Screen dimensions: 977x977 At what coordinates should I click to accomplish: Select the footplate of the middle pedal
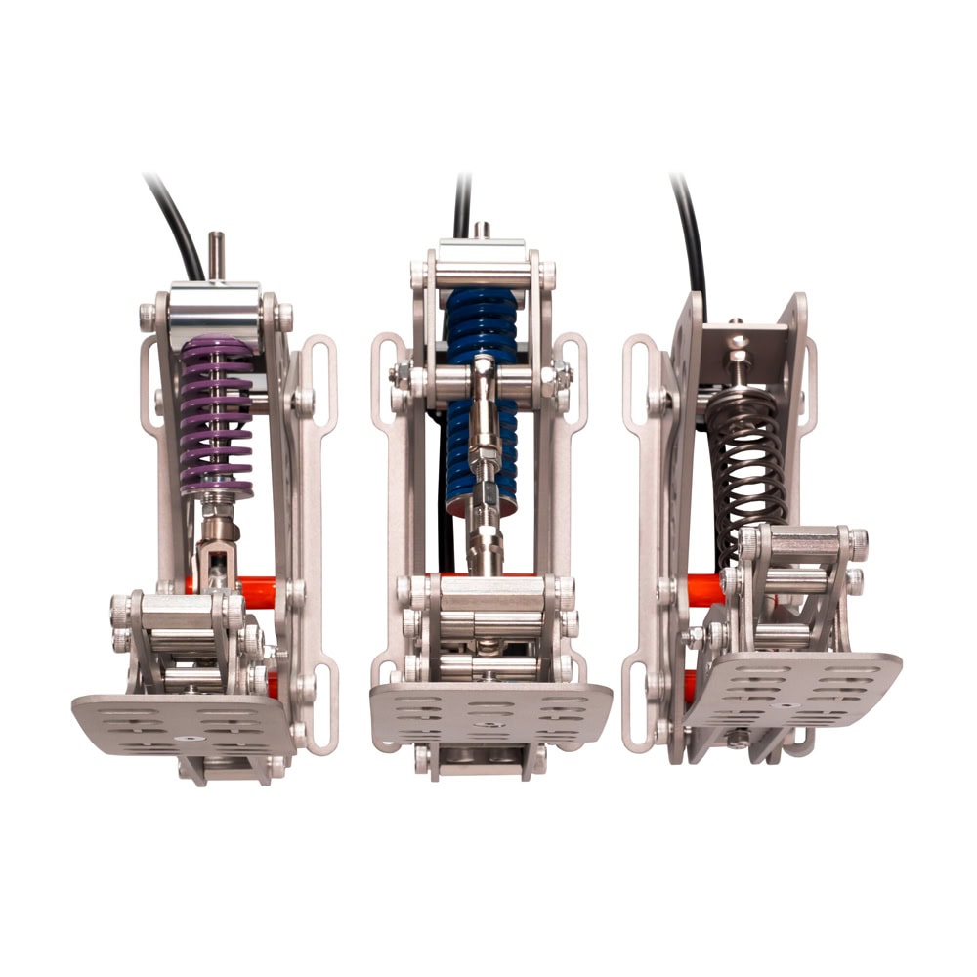(488, 713)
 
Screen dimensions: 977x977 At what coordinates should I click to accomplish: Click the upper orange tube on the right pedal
(702, 589)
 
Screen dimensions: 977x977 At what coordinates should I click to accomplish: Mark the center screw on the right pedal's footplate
(787, 701)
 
